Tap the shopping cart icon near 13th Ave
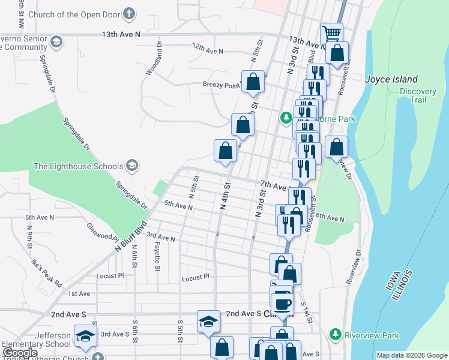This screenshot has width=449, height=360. (x=331, y=32)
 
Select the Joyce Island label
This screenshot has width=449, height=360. (x=392, y=79)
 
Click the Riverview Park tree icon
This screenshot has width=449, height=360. (x=335, y=333)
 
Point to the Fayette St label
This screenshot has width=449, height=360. (x=157, y=254)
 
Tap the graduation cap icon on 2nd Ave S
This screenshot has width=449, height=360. (x=208, y=321)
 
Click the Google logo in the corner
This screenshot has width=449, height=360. (x=20, y=353)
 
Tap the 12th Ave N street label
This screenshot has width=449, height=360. (x=208, y=50)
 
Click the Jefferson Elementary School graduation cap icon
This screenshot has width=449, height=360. (x=85, y=336)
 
